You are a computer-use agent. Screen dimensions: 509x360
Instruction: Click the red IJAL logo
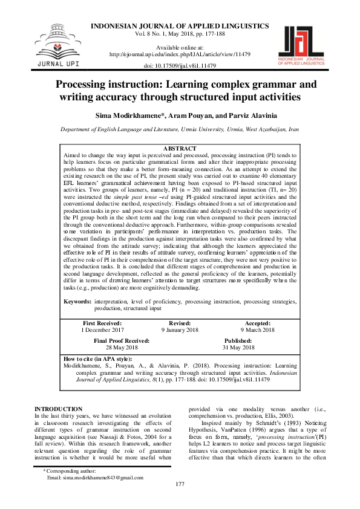point(305,43)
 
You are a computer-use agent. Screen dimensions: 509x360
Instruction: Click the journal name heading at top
point(180,27)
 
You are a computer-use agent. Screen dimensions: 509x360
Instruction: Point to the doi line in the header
point(180,65)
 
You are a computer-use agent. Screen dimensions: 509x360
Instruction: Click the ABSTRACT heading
point(180,149)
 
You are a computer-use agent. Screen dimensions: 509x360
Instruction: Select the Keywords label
point(77,300)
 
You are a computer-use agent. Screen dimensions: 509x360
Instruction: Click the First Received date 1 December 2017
point(102,330)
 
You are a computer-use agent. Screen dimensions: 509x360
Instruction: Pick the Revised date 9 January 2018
point(180,330)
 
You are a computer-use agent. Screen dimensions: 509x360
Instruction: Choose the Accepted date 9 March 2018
point(258,330)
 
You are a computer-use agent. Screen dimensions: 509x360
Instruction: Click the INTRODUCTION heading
point(58,409)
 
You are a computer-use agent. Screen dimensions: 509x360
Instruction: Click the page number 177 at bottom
point(180,501)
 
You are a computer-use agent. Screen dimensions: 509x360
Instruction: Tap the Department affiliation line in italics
point(180,130)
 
